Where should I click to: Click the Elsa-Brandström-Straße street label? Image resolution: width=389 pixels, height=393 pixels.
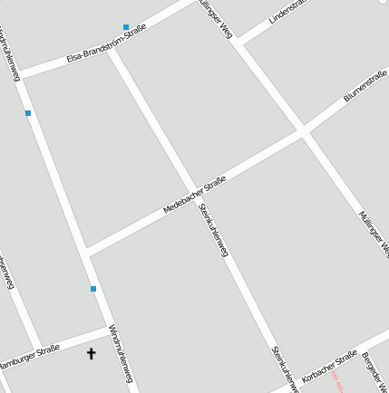[106, 44]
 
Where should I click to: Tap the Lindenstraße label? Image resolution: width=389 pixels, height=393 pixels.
[288, 12]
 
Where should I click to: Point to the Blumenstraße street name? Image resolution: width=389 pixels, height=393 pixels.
[365, 86]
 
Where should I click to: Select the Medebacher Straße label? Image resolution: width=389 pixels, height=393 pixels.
[194, 195]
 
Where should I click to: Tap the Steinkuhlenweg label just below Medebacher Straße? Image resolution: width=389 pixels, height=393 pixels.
[213, 230]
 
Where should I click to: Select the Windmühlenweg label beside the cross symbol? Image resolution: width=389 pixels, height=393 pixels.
[121, 353]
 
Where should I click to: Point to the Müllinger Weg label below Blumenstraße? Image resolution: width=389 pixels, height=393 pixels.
[373, 234]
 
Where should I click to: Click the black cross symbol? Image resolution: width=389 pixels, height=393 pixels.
[91, 353]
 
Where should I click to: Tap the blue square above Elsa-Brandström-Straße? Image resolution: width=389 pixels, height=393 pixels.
[126, 28]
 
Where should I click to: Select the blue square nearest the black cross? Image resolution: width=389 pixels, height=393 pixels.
[93, 289]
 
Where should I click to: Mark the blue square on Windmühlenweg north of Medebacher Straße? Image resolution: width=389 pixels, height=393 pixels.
[28, 113]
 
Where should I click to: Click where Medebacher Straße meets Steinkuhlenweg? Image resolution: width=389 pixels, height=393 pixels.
[192, 190]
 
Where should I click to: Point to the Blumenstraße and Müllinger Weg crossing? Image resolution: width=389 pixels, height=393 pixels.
[302, 133]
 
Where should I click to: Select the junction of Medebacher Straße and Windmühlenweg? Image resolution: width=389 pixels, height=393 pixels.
[86, 251]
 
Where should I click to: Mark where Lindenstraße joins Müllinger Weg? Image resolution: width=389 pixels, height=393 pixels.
[238, 42]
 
